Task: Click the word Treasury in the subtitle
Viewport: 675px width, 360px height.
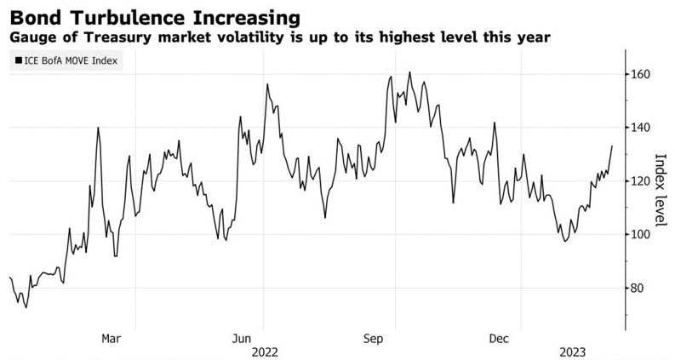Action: point(118,37)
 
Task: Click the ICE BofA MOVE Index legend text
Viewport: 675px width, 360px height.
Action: point(71,60)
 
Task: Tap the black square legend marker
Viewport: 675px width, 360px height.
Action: point(19,60)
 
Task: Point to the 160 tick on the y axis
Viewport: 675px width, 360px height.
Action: point(640,75)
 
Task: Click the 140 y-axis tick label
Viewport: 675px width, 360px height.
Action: point(640,128)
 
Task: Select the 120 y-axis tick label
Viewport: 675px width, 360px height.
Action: point(640,181)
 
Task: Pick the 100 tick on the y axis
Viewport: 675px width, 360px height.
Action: point(640,234)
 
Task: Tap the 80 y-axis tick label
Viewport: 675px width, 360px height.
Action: point(638,288)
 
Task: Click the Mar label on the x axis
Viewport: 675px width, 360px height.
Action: point(111,339)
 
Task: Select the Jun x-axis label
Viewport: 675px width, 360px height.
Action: point(242,339)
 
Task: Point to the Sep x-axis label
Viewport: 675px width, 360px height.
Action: point(373,340)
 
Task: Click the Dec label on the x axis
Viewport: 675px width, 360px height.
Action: point(499,339)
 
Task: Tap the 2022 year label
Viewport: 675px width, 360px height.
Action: point(265,352)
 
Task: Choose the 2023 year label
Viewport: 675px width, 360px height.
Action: point(573,352)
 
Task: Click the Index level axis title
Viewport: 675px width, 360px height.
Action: point(660,190)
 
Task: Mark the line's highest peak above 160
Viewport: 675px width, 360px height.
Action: point(409,71)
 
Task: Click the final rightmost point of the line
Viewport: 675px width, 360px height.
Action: point(612,146)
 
